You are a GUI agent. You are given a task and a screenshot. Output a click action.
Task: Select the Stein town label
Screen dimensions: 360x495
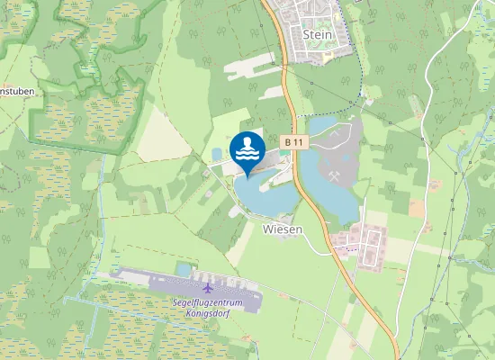pos(318,34)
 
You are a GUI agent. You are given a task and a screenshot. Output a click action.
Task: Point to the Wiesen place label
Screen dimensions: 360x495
pos(283,229)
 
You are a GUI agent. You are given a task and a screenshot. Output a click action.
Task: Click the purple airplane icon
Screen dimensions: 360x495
pos(209,288)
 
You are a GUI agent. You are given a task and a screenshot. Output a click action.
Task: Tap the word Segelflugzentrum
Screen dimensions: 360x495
pos(208,302)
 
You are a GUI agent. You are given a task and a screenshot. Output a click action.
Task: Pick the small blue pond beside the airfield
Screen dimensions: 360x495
pos(184,268)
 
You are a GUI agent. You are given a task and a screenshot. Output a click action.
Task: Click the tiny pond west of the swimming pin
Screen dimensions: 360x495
pos(217,152)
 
